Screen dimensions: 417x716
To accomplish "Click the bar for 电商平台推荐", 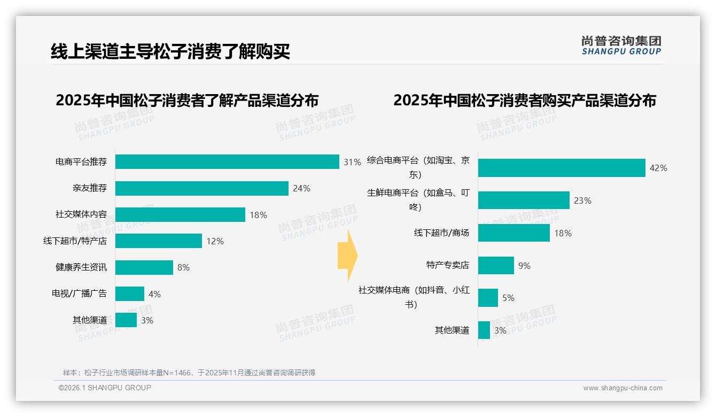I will click(x=227, y=161).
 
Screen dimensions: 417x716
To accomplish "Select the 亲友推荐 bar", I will click(x=202, y=188).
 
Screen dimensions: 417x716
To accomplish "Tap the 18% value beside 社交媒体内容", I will click(x=258, y=215).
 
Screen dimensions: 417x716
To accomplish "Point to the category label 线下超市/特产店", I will click(x=75, y=241).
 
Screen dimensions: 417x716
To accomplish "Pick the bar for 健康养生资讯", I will click(x=144, y=267).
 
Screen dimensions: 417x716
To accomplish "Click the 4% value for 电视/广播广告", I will click(x=154, y=294).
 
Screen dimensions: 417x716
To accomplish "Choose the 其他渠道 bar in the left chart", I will click(x=126, y=320).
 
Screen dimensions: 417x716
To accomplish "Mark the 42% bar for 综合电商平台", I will click(x=562, y=168).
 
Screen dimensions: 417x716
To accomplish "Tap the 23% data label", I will click(x=582, y=200).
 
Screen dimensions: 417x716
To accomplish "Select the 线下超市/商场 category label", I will click(x=441, y=233).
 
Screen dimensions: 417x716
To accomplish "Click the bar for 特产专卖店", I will click(x=496, y=266).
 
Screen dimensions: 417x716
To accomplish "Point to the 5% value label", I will click(x=508, y=298).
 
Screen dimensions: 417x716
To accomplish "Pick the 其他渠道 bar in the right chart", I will click(x=484, y=330).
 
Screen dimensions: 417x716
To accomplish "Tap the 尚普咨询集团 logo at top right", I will click(x=621, y=45).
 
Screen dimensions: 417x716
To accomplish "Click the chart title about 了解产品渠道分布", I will click(x=187, y=101).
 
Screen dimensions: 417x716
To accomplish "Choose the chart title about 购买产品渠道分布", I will click(x=525, y=101).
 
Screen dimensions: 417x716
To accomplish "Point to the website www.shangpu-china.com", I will click(x=622, y=388).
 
